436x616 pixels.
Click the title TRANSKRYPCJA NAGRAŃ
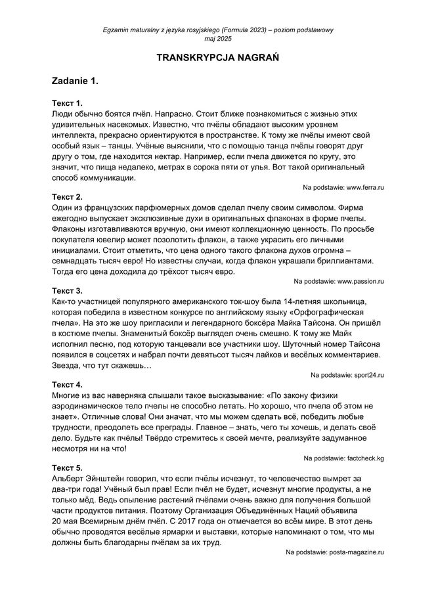tap(218, 58)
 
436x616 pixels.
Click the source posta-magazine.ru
tap(355, 552)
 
